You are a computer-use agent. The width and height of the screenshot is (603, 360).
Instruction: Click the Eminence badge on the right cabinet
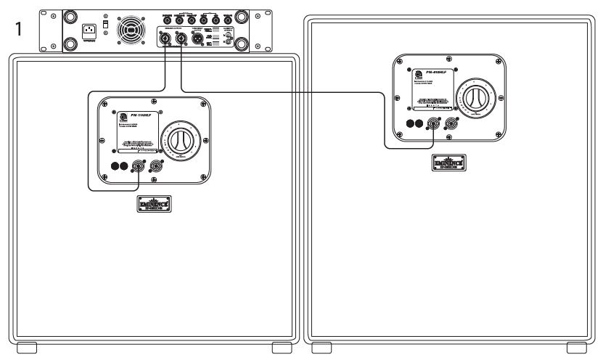(x=445, y=163)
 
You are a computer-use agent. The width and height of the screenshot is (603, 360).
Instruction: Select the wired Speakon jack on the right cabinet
(x=434, y=124)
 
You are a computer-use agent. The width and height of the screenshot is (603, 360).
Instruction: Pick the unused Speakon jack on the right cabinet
(x=451, y=124)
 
